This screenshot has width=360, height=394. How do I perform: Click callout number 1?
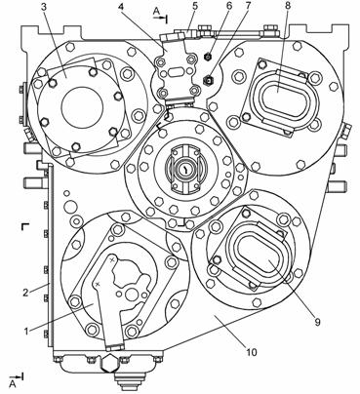tap(27, 332)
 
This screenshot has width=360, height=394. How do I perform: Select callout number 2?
tap(26, 292)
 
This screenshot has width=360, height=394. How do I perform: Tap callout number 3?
tap(45, 8)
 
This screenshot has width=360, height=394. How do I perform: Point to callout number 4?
tap(121, 8)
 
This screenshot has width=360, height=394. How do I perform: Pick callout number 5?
tap(195, 7)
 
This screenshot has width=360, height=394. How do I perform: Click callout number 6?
tap(229, 7)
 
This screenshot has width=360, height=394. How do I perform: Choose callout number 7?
tap(249, 7)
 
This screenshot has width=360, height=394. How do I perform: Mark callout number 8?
tap(289, 7)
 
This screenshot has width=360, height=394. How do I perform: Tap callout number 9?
tap(317, 322)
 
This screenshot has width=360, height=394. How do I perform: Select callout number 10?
tap(252, 352)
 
